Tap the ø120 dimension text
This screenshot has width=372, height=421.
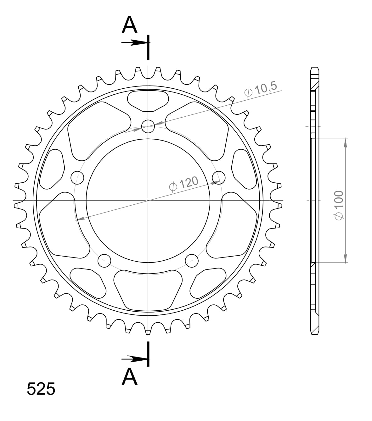coord(184,184)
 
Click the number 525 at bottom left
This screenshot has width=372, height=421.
coord(41,389)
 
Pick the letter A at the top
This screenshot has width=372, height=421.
coord(130,25)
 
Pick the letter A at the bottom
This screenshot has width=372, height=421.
coord(130,377)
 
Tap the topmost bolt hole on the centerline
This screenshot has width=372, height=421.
coord(148,127)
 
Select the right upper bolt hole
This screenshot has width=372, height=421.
coord(219,178)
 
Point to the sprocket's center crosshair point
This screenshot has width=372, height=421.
coord(148,200)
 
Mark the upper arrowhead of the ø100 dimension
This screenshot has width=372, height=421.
coord(346,142)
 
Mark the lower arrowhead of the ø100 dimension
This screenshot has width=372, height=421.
coord(346,258)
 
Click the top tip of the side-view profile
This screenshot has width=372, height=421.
coord(315,68)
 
